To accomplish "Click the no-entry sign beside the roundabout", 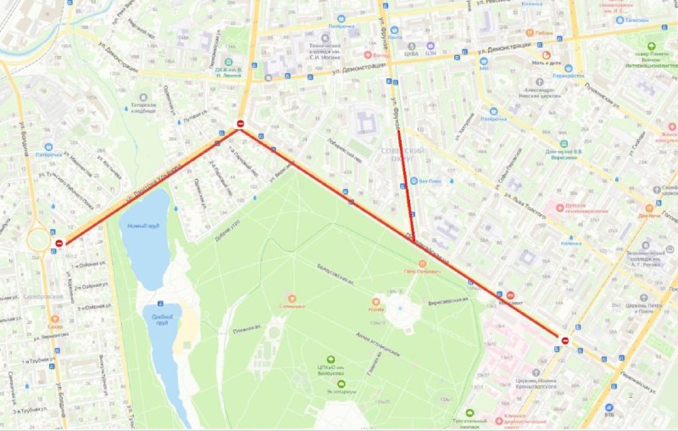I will (59, 243).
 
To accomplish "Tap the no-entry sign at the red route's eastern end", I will (565, 340).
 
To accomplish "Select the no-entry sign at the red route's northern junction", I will (240, 123).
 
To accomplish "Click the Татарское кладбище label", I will (143, 107).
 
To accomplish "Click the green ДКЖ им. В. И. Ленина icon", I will (229, 62).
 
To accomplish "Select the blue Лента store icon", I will (394, 30).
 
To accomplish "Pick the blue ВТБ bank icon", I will (609, 407).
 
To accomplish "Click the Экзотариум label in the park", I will (341, 391).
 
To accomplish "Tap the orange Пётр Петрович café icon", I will (422, 264).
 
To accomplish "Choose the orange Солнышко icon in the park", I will (292, 298).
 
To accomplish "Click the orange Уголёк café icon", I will (376, 301).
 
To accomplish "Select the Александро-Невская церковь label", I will (540, 92).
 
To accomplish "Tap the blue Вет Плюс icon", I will (414, 181).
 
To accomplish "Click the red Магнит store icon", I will (510, 295).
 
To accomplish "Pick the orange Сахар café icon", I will (55, 319).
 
